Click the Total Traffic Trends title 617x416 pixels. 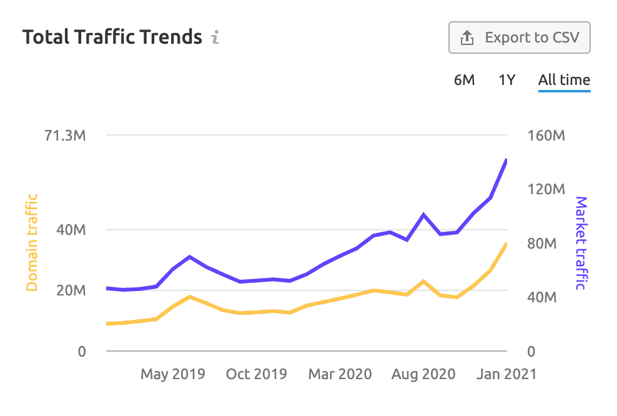click(x=112, y=37)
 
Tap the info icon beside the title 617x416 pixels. click(x=215, y=37)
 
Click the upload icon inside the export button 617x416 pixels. click(x=467, y=38)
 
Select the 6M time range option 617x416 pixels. click(x=464, y=80)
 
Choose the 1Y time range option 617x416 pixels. click(x=506, y=80)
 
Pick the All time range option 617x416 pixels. click(x=564, y=80)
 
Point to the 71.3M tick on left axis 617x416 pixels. click(x=65, y=136)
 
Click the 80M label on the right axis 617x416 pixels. click(x=542, y=244)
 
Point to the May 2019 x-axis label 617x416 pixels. click(x=172, y=374)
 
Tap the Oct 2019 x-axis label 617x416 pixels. click(x=256, y=374)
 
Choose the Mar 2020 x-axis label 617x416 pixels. click(x=340, y=374)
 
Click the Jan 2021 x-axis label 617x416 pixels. click(x=506, y=374)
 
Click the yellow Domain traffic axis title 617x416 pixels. click(x=32, y=242)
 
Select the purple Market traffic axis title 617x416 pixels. click(x=581, y=243)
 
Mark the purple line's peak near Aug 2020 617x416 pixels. click(x=424, y=215)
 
